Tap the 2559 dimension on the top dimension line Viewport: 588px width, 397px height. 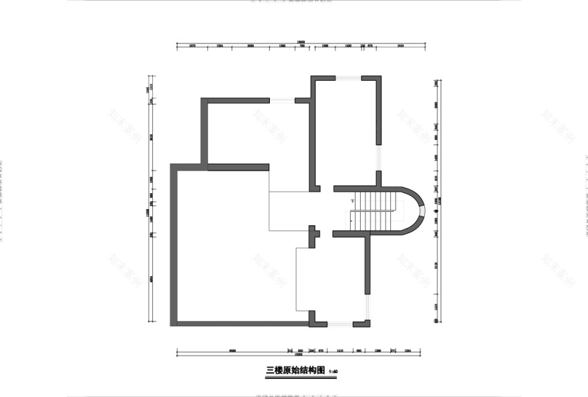pyautogui.click(x=400, y=46)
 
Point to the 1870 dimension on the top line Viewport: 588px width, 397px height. pyautogui.click(x=192, y=46)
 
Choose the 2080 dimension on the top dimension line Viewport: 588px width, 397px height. pyautogui.click(x=251, y=46)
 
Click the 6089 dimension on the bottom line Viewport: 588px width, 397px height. pyautogui.click(x=232, y=350)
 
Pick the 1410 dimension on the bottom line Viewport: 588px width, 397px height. pyautogui.click(x=340, y=350)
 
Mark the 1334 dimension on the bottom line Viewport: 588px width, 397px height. pyautogui.click(x=409, y=350)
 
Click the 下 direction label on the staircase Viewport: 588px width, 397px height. pyautogui.click(x=351, y=201)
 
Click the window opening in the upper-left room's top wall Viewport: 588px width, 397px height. pyautogui.click(x=282, y=101)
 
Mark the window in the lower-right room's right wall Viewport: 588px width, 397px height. pyautogui.click(x=367, y=307)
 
